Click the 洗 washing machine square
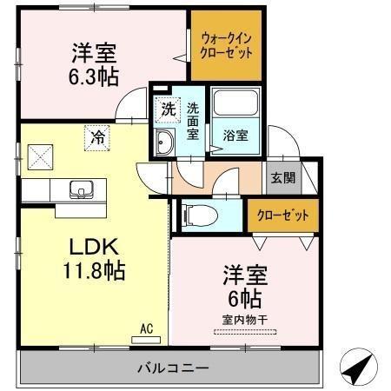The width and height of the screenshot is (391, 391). pyautogui.click(x=166, y=110)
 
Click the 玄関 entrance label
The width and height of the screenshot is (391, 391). pyautogui.click(x=282, y=177)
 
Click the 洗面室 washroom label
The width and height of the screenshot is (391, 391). pyautogui.click(x=192, y=121)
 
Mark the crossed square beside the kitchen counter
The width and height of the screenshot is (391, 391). pyautogui.click(x=38, y=157)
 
